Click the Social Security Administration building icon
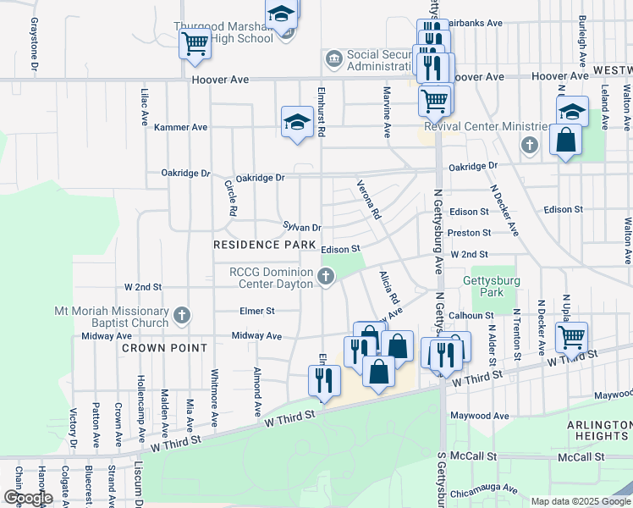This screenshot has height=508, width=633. [333, 59]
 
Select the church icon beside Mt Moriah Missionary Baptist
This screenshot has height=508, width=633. [181, 317]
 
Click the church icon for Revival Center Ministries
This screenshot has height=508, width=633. [530, 145]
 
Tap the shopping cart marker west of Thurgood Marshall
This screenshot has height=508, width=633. [195, 42]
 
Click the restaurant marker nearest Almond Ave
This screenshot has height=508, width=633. [324, 380]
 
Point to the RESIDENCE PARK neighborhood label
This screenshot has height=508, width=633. [258, 245]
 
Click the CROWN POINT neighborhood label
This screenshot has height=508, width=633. [164, 348]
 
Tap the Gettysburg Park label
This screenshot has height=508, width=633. [483, 286]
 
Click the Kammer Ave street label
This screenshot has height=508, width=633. [180, 127]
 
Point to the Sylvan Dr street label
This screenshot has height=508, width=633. [302, 227]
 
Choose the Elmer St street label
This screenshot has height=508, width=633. [257, 311]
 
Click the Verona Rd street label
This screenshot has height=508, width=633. [368, 199]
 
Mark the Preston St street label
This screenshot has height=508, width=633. [471, 233]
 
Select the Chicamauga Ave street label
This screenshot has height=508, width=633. [484, 489]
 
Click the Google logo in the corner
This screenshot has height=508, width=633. [28, 498]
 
